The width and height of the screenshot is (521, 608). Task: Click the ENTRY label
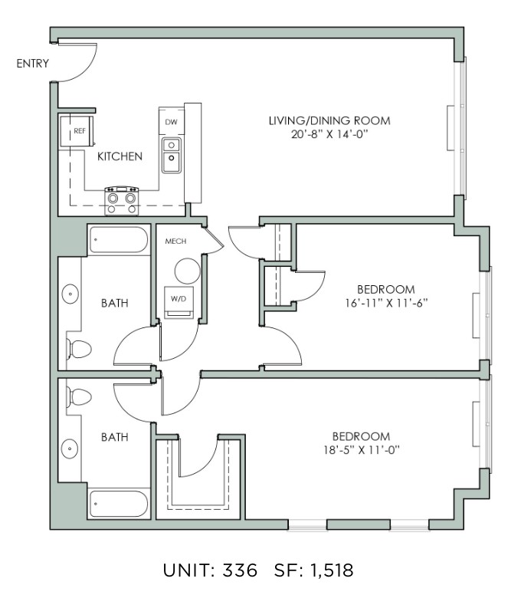coord(32,63)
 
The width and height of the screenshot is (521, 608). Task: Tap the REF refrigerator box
coord(77,131)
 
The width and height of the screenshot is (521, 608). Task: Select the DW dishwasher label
coord(171,122)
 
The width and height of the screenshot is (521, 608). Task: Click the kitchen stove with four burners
coord(122,201)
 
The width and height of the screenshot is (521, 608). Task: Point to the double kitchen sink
coord(171,155)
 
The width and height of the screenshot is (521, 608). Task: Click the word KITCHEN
coord(120,156)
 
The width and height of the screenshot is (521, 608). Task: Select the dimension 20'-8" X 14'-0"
coord(329,134)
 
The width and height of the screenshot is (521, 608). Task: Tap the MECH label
coord(175,242)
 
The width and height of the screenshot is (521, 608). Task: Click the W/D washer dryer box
coord(179,302)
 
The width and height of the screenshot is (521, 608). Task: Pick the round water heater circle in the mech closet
coord(188,271)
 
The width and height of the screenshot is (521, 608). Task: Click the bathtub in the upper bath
coord(119,240)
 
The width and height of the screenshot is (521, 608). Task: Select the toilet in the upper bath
coord(79,349)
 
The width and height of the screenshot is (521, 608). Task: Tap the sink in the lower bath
coord(70,449)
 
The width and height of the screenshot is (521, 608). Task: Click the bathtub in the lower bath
coord(119,504)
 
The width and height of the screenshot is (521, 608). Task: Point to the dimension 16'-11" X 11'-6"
coord(386,303)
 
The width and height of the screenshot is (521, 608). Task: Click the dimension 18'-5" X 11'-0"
coord(362,450)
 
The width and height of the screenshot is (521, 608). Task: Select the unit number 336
coord(240,570)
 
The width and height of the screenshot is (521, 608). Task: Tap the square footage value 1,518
coord(332,570)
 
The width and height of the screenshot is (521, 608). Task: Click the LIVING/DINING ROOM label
coord(329,120)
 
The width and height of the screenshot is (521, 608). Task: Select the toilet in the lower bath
coord(79,397)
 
